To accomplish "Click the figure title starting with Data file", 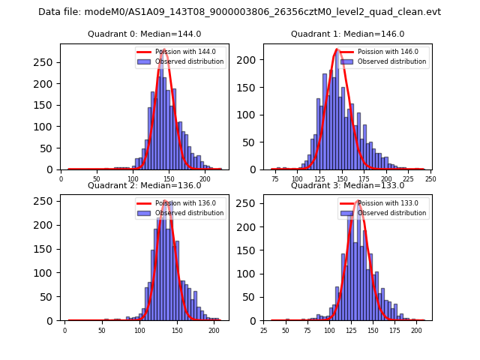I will (x=239, y=12).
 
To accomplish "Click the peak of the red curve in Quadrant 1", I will (x=337, y=49).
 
